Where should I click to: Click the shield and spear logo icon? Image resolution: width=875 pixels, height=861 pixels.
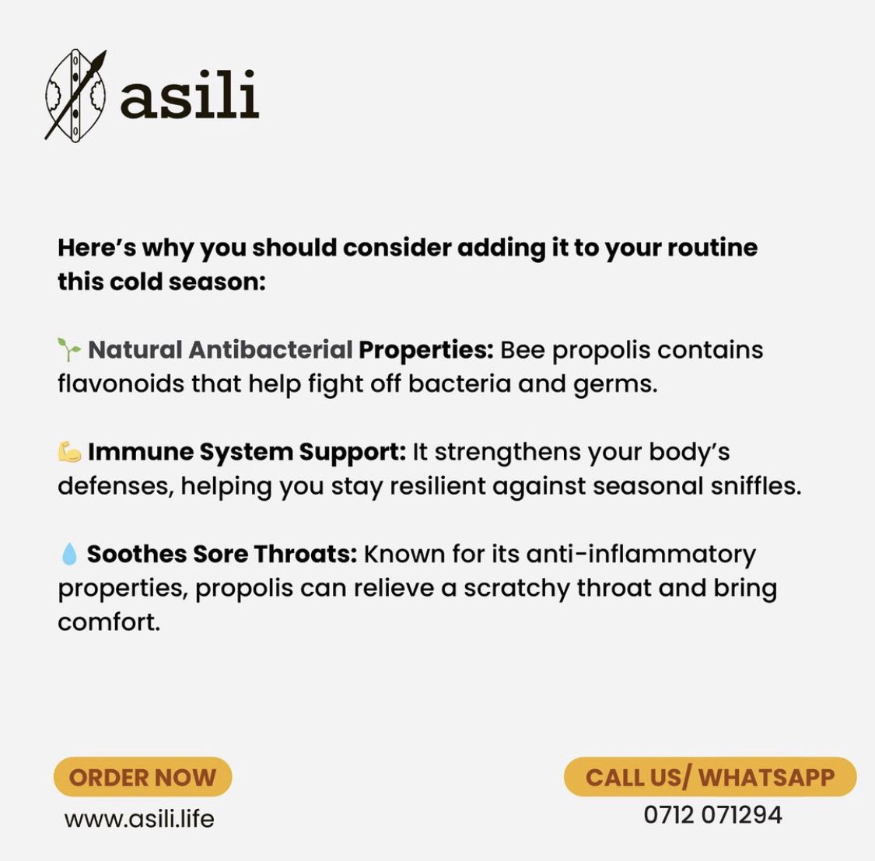[x=75, y=95]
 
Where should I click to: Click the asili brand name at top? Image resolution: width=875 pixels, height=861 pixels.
[x=189, y=95]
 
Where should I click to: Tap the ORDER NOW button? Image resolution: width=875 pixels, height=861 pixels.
[x=142, y=777]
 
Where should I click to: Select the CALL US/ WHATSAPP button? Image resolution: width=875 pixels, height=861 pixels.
[x=709, y=777]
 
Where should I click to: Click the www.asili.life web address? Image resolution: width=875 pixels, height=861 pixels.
[x=139, y=818]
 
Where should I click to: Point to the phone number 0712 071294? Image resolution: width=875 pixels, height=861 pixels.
[x=712, y=815]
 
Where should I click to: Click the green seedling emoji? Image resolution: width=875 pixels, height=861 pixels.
[x=69, y=350]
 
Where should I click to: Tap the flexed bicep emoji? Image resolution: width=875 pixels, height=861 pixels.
[x=69, y=452]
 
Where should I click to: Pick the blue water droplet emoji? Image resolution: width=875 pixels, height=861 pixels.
[x=69, y=554]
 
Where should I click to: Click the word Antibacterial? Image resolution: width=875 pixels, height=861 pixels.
[x=271, y=350]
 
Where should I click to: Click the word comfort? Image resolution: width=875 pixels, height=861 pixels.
[x=108, y=622]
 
